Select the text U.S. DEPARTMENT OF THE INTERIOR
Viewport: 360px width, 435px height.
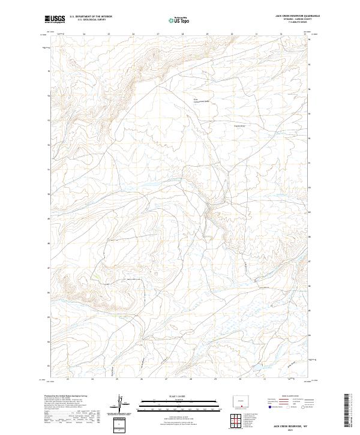click(x=91, y=17)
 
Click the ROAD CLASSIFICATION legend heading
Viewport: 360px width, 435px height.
click(x=287, y=397)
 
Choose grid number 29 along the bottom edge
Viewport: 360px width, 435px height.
click(x=215, y=379)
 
